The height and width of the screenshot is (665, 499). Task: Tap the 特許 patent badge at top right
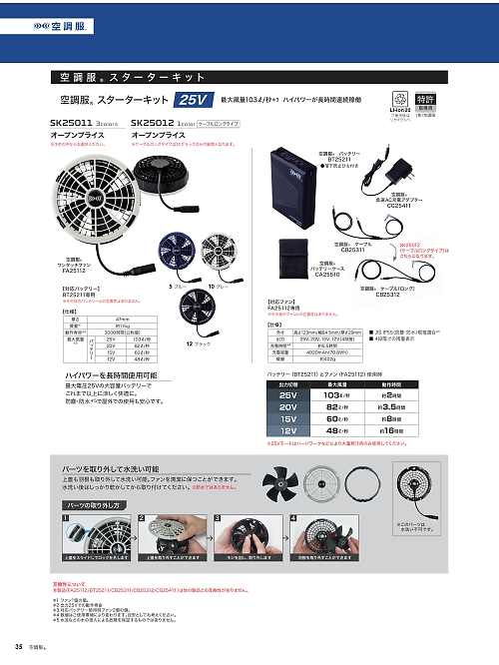click(x=452, y=99)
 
